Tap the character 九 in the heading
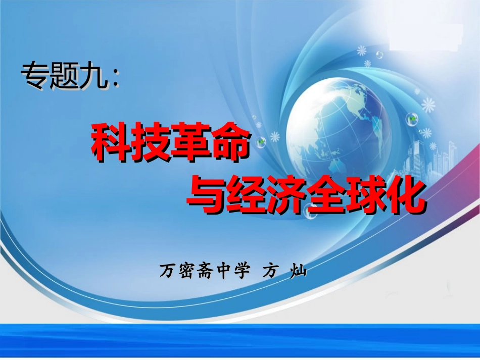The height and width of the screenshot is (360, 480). click(x=94, y=77)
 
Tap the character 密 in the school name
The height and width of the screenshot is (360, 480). click(x=185, y=272)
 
